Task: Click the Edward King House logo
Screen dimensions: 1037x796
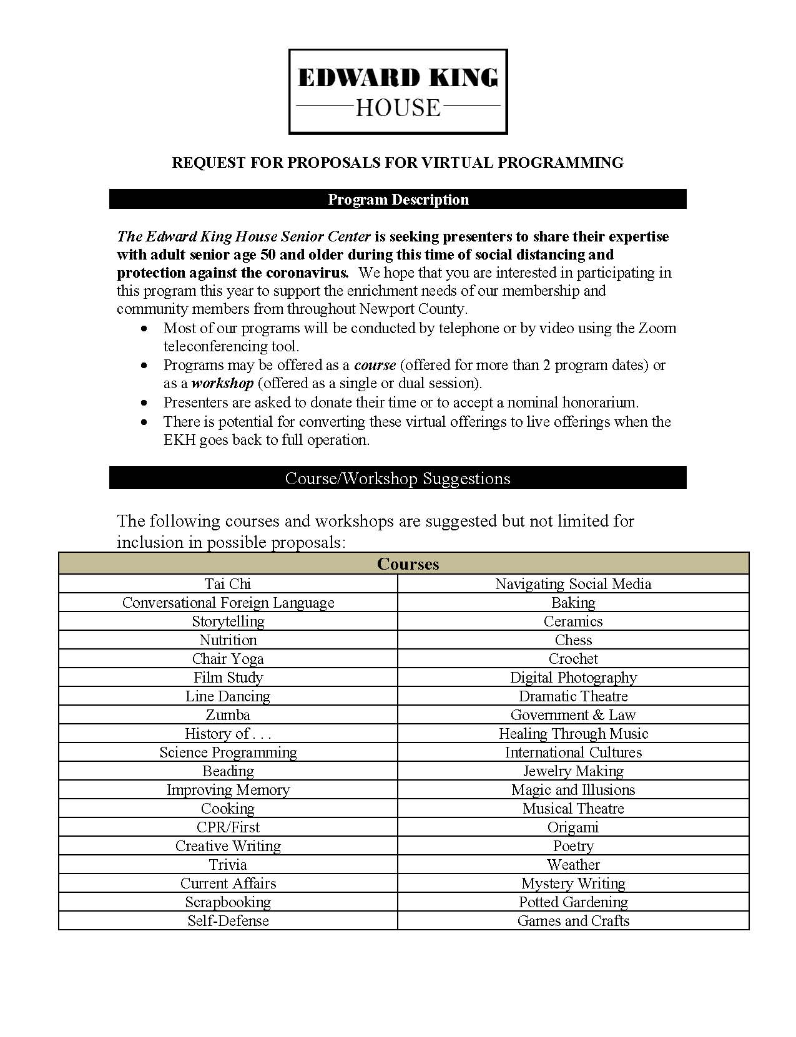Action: pyautogui.click(x=398, y=92)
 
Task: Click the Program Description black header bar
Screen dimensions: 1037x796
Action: pyautogui.click(x=398, y=200)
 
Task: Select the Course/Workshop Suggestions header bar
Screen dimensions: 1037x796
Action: pyautogui.click(x=398, y=479)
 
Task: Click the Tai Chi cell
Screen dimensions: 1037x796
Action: pyautogui.click(x=228, y=584)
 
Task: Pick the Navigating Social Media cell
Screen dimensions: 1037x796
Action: pyautogui.click(x=573, y=584)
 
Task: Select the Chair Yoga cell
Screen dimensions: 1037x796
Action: pyautogui.click(x=228, y=659)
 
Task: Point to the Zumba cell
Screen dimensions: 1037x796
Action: pyautogui.click(x=228, y=715)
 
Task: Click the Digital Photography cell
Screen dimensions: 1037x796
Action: pyautogui.click(x=573, y=678)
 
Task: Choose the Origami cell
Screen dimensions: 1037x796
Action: pyautogui.click(x=573, y=827)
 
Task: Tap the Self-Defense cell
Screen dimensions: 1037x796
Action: pyautogui.click(x=228, y=921)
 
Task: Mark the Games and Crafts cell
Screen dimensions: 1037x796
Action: pyautogui.click(x=573, y=921)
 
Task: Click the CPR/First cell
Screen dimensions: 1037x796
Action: pyautogui.click(x=228, y=827)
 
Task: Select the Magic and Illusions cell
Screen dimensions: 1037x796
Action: pyautogui.click(x=573, y=790)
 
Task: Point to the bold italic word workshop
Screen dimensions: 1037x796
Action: pyautogui.click(x=222, y=383)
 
